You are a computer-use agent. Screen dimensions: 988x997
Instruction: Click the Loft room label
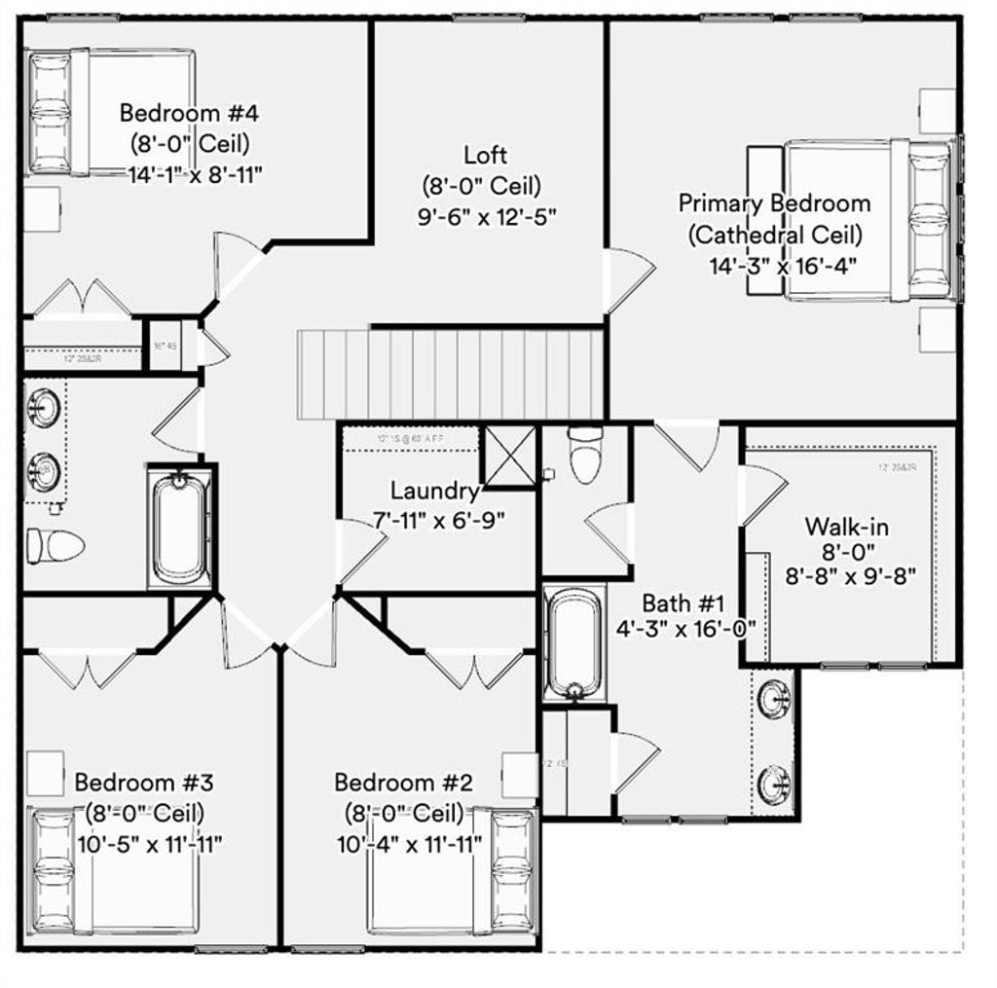[484, 155]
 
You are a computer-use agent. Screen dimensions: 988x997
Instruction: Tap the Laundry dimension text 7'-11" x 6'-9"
[440, 521]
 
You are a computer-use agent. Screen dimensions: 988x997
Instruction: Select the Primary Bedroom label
[774, 203]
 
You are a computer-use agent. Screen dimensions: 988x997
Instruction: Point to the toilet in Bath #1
[585, 456]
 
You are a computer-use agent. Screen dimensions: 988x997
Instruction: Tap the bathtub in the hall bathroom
[179, 528]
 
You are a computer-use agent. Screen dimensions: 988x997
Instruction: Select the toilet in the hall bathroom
[55, 546]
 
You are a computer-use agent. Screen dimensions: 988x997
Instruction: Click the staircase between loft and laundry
[450, 374]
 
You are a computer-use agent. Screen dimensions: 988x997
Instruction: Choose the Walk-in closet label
[845, 527]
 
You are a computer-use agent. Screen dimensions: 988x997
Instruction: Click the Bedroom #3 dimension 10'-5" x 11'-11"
[149, 843]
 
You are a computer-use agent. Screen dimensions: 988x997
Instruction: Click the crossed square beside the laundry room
[510, 456]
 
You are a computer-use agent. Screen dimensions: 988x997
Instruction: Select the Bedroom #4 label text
[189, 112]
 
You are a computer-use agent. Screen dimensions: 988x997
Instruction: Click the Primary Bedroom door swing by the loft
[627, 278]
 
